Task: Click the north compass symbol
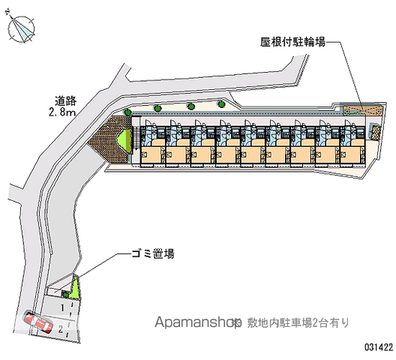point(21,28)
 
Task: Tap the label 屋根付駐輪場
point(293,42)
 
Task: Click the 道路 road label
point(66,101)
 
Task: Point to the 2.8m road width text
point(62,112)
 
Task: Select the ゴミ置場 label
point(153,253)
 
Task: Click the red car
point(38,322)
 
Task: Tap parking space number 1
point(62,308)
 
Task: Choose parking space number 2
point(60,329)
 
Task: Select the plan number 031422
point(379,347)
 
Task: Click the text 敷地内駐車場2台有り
point(298,322)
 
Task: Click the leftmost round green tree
point(127,112)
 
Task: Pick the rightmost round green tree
point(221,103)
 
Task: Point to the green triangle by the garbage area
point(74,289)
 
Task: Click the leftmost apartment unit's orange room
point(151,154)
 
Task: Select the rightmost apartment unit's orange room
point(350,154)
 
